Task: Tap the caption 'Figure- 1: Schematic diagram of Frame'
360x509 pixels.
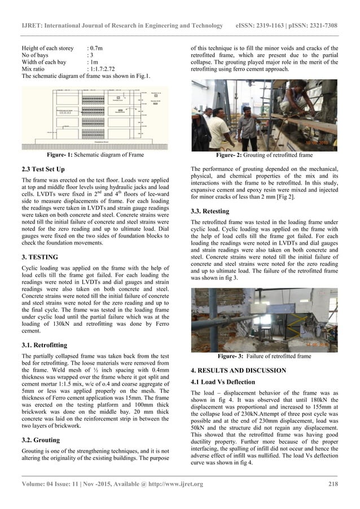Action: click(x=95, y=154)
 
